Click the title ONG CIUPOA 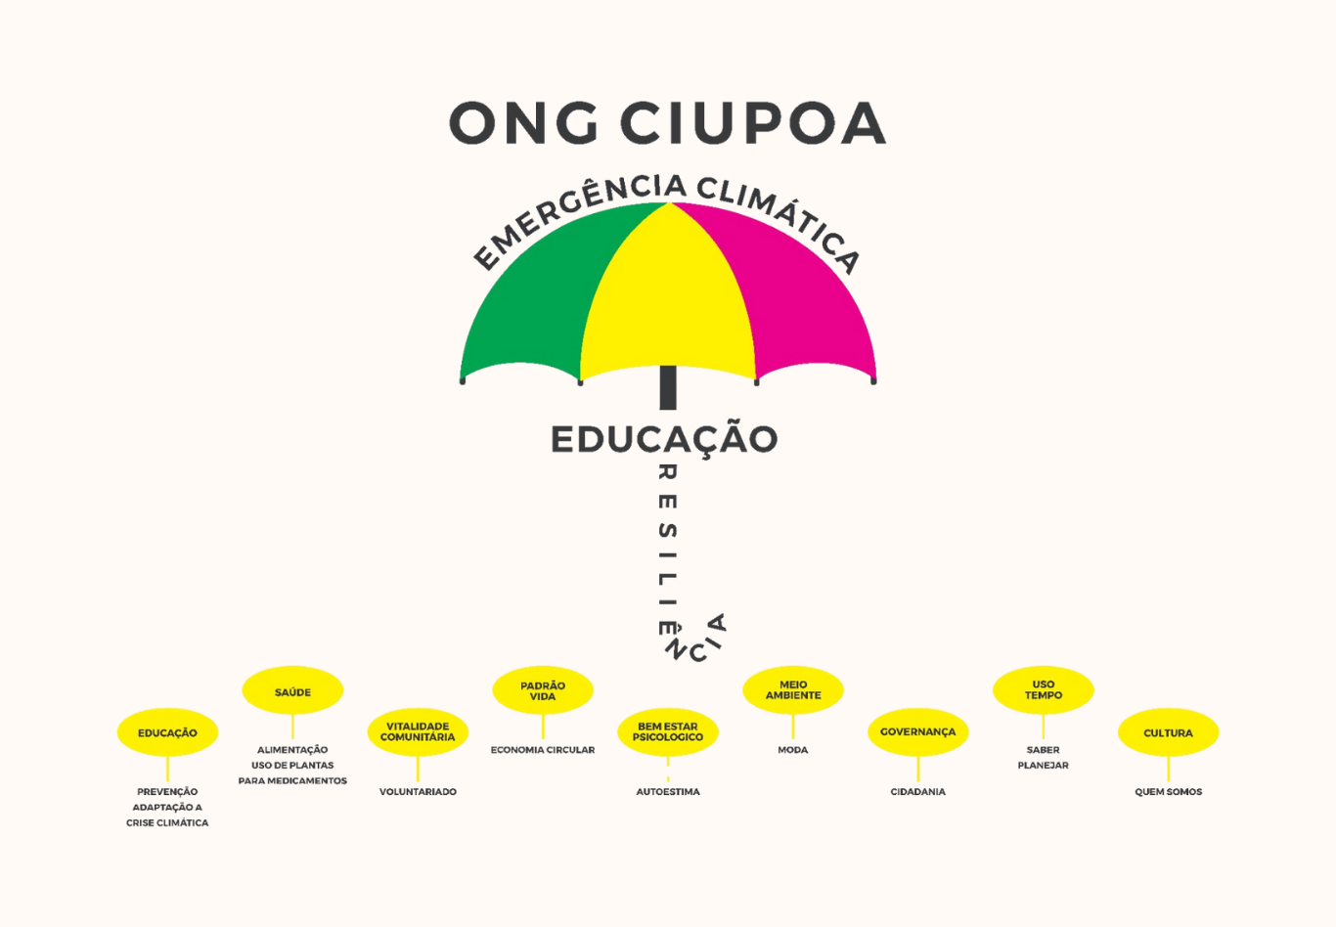pyautogui.click(x=667, y=122)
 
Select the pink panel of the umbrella pyautogui.click(x=799, y=298)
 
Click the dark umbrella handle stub pyautogui.click(x=668, y=387)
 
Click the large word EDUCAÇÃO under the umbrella pyautogui.click(x=664, y=439)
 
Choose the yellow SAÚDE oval pyautogui.click(x=292, y=690)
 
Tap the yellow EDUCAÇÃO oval pyautogui.click(x=167, y=732)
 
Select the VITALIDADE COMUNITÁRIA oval pyautogui.click(x=418, y=732)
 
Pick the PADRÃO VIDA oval pyautogui.click(x=543, y=690)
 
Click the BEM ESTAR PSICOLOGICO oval pyautogui.click(x=668, y=732)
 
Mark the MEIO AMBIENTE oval pyautogui.click(x=793, y=690)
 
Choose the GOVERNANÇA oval pyautogui.click(x=918, y=732)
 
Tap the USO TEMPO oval pyautogui.click(x=1044, y=690)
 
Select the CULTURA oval pyautogui.click(x=1169, y=732)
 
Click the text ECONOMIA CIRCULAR pyautogui.click(x=543, y=750)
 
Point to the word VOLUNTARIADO pyautogui.click(x=418, y=792)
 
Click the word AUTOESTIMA pyautogui.click(x=668, y=792)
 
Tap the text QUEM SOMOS pyautogui.click(x=1169, y=792)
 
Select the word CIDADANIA pyautogui.click(x=918, y=792)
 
